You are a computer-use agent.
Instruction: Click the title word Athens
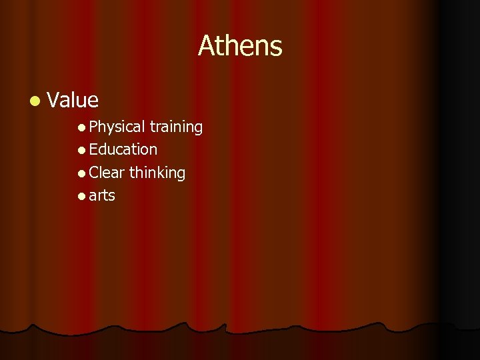pyautogui.click(x=240, y=46)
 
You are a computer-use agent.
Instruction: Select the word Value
pyautogui.click(x=73, y=100)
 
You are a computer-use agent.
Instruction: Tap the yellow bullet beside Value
pyautogui.click(x=34, y=101)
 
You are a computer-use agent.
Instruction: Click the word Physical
pyautogui.click(x=117, y=127)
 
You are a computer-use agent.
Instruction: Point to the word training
pyautogui.click(x=176, y=127)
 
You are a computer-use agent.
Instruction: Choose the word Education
pyautogui.click(x=123, y=149)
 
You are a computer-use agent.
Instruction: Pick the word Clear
pyautogui.click(x=107, y=173)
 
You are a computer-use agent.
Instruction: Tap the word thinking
pyautogui.click(x=157, y=173)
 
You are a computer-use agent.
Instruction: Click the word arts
pyautogui.click(x=102, y=196)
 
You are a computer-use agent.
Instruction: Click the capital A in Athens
pyautogui.click(x=206, y=46)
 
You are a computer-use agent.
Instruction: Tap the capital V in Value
pyautogui.click(x=55, y=100)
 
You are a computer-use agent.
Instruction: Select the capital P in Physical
pyautogui.click(x=93, y=127)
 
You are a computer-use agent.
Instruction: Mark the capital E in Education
pyautogui.click(x=93, y=149)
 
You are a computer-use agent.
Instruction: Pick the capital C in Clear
pyautogui.click(x=94, y=173)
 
